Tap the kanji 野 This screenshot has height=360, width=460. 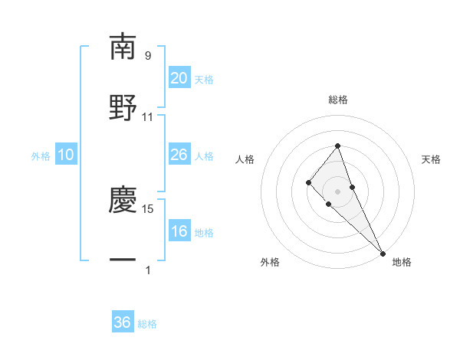click(x=123, y=107)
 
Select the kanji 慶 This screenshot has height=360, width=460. click(x=123, y=199)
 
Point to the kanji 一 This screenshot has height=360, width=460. click(x=123, y=260)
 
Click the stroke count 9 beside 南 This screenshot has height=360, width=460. click(x=148, y=56)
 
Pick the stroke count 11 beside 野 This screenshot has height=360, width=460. click(x=148, y=117)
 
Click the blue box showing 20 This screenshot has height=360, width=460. click(x=179, y=78)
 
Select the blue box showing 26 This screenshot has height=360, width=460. click(x=179, y=155)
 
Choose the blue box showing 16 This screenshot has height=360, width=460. click(x=179, y=231)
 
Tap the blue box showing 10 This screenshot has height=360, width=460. click(x=66, y=155)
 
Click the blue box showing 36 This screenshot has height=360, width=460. click(x=123, y=322)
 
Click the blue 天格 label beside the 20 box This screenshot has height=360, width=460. click(x=204, y=80)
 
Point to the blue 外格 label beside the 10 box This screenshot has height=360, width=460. click(x=41, y=156)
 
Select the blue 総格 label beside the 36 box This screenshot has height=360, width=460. click(x=148, y=324)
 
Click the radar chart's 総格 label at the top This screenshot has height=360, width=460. click(x=337, y=100)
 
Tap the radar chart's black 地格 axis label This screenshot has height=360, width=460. click(x=402, y=262)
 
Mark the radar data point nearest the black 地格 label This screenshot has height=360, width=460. click(x=382, y=253)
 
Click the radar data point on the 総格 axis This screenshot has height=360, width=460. click(x=337, y=146)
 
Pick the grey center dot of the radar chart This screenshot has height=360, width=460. click(x=337, y=191)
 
